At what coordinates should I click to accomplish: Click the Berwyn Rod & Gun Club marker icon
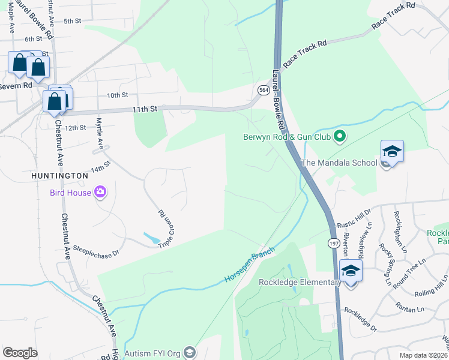339,136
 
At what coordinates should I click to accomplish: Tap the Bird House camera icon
100,193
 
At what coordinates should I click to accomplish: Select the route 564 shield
263,89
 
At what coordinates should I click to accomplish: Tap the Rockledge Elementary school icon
351,271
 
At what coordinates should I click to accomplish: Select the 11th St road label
145,109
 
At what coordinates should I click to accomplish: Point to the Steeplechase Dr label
96,250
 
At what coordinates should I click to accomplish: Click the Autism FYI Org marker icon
190,352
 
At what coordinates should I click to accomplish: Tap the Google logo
20,352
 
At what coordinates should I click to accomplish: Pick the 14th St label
100,166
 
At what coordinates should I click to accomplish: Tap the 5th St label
72,21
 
